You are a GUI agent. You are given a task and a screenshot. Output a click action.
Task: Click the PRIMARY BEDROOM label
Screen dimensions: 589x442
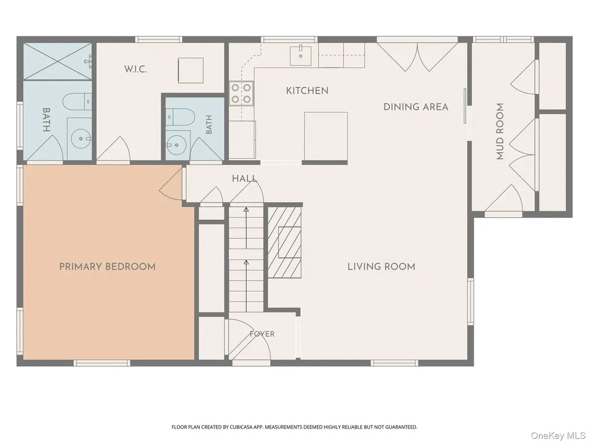(108, 267)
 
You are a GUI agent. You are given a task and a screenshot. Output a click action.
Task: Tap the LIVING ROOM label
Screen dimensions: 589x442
(381, 267)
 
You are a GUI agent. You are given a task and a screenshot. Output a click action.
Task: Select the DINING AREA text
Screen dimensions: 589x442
(416, 106)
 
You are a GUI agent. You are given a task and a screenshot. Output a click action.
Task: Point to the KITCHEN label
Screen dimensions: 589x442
(307, 90)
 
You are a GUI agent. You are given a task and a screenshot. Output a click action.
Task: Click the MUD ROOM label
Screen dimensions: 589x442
(500, 132)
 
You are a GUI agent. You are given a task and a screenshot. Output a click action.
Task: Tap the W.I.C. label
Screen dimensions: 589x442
(136, 69)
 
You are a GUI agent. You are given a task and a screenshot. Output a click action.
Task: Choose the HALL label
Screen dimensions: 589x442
(244, 178)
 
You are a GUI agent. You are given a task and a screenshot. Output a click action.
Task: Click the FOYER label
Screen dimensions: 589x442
(262, 334)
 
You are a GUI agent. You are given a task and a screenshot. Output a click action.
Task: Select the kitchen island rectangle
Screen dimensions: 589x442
(326, 136)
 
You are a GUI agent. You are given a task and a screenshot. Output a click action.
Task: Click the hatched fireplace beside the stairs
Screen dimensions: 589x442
(285, 242)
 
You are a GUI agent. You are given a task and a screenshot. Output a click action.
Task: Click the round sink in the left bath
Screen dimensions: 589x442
(81, 139)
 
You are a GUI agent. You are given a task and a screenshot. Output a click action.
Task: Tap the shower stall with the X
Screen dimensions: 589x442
(58, 61)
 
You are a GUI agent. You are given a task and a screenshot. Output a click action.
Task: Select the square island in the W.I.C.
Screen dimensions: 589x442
(191, 70)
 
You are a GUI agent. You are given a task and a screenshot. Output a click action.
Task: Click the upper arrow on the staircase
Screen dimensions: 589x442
(246, 228)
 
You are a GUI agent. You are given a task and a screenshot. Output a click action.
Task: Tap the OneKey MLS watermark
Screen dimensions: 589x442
(559, 435)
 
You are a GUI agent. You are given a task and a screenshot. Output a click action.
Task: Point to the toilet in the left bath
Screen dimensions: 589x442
(77, 102)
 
